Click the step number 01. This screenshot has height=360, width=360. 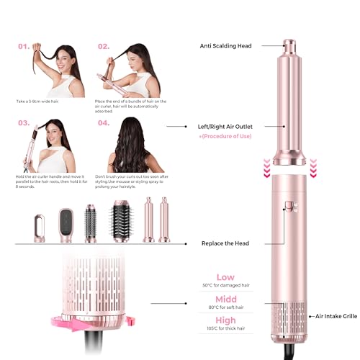(x=24, y=47)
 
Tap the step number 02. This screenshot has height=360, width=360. (x=104, y=47)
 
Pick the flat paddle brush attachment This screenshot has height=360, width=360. (x=66, y=219)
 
